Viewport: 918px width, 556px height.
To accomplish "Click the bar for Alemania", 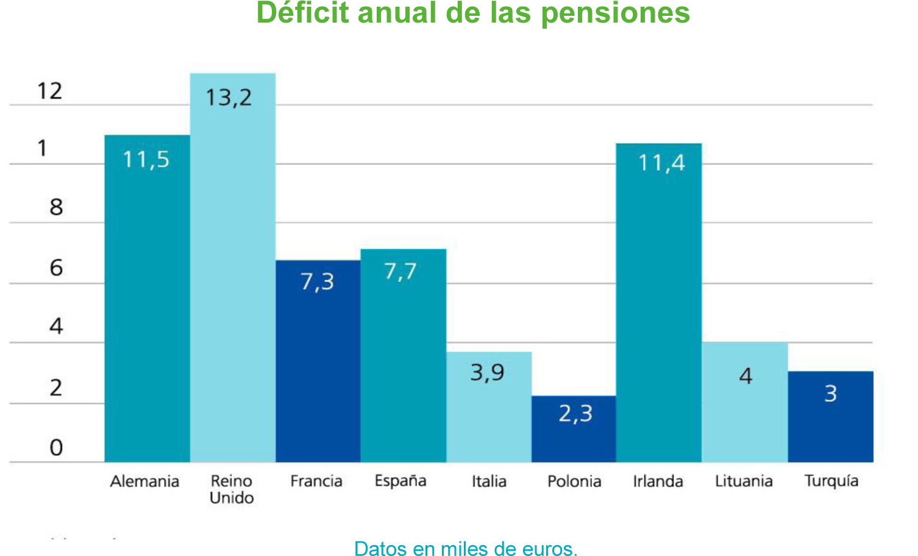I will (147, 299).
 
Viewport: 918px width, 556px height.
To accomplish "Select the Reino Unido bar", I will (232, 269).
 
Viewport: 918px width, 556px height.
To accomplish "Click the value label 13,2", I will (229, 98).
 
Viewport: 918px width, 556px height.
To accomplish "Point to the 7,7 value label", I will (400, 272).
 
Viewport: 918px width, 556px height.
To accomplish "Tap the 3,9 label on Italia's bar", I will (488, 372).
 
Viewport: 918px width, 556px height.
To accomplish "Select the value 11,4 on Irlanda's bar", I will (661, 163).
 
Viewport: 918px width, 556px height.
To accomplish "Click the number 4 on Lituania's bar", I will (745, 376).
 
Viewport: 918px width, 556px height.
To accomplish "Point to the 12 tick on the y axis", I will (49, 92).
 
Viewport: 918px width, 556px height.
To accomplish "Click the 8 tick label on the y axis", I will (56, 208).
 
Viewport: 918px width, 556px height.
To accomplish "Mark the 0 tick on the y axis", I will (56, 448).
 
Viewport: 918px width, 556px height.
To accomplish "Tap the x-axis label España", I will (400, 481).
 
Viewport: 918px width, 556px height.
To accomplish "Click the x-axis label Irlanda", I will (658, 482).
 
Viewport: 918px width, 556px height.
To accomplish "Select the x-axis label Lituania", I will (744, 482).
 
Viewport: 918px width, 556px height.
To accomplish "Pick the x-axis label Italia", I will (489, 482).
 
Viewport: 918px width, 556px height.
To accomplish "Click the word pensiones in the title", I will (615, 13).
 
